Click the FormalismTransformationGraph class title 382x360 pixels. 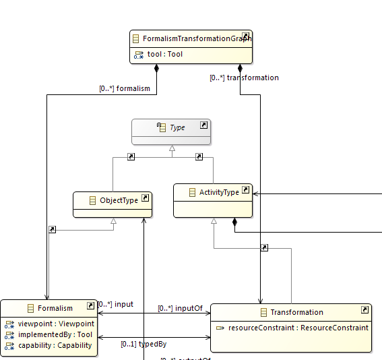tap(191, 39)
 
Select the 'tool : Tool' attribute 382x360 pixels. tap(164, 55)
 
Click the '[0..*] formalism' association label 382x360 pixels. tap(125, 88)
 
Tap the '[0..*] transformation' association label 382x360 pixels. tap(244, 78)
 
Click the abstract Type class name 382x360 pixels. tap(177, 127)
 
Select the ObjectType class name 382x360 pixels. tap(119, 200)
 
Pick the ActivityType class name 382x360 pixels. tap(219, 192)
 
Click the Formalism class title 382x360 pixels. tap(55, 308)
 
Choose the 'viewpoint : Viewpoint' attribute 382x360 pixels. tap(56, 324)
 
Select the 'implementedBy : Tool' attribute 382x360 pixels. tap(55, 334)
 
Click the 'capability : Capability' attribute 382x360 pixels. tap(55, 345)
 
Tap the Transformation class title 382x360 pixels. tap(296, 312)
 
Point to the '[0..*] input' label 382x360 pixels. tap(115, 304)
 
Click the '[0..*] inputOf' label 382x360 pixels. tap(180, 309)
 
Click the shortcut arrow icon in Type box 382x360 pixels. tap(203, 125)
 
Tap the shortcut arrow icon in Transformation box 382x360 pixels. tap(364, 310)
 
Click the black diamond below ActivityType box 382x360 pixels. tap(234, 222)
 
